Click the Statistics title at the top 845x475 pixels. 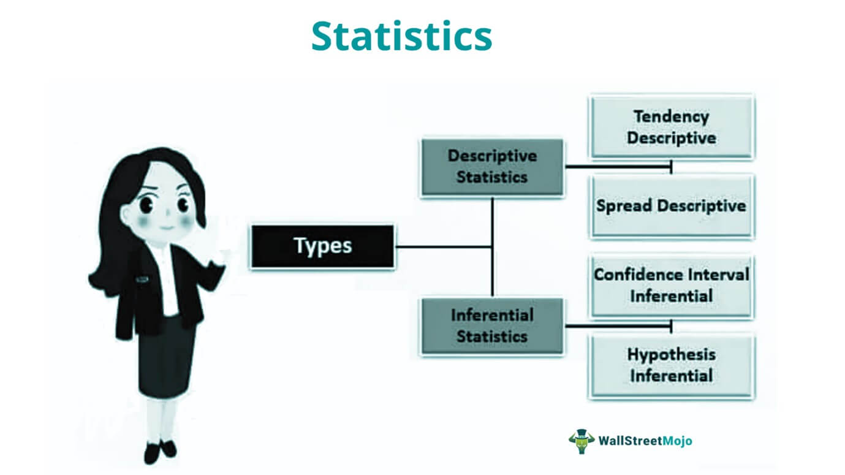pos(402,36)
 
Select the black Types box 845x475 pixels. pos(322,246)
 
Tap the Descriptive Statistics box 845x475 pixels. pos(492,167)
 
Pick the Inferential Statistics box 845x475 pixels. pos(492,326)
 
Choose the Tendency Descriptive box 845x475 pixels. pos(672,127)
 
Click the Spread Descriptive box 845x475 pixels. pos(672,207)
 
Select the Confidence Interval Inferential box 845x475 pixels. pos(672,286)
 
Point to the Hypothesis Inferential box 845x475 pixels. pos(672,365)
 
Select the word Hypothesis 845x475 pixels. pos(672,355)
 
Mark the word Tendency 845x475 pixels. pos(672,116)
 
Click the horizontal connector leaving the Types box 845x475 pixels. pos(443,247)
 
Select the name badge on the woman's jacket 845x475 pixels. pos(142,279)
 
